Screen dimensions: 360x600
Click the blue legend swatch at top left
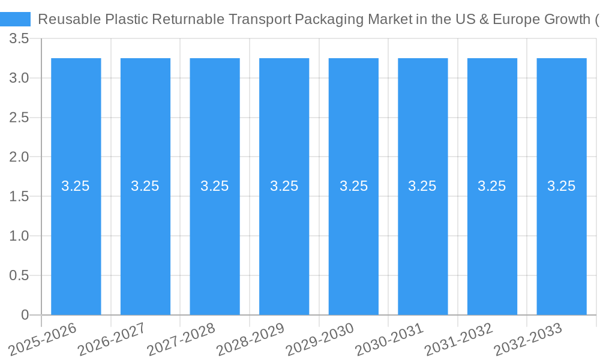[15, 19]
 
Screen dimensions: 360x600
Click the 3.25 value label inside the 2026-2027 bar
[145, 186]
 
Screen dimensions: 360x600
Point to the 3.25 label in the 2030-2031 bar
[422, 186]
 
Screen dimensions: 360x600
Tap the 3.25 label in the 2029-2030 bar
[353, 186]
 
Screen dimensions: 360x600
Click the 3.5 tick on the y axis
[20, 39]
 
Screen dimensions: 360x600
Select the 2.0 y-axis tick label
[20, 157]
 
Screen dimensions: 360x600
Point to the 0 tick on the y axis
[25, 315]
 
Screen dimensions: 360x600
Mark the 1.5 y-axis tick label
[20, 197]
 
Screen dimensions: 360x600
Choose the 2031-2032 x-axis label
[459, 339]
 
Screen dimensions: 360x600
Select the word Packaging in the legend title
[328, 19]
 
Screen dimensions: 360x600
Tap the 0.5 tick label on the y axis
[20, 275]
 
